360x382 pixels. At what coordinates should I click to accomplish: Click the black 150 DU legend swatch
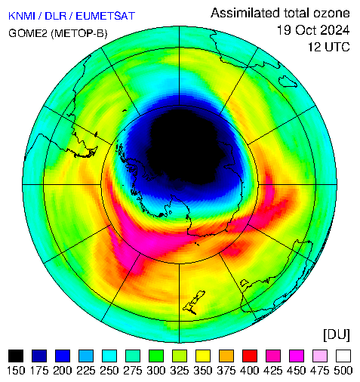click(x=16, y=356)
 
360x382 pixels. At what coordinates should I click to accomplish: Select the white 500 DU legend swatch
click(x=343, y=356)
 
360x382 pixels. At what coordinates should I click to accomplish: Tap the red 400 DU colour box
click(x=250, y=356)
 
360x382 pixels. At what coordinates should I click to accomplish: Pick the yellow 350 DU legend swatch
click(x=203, y=356)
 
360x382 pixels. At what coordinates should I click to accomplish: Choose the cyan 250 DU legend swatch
click(x=109, y=356)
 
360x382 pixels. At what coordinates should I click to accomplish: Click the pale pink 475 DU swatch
click(x=320, y=356)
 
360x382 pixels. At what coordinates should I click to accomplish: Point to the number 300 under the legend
click(x=156, y=371)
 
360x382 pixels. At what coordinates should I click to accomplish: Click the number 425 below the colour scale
click(x=273, y=371)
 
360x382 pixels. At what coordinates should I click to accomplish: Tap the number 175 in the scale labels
click(x=39, y=371)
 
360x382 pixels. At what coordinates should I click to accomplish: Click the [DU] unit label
click(x=337, y=335)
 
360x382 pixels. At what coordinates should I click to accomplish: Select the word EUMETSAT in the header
click(x=105, y=16)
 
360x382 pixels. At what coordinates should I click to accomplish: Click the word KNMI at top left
click(x=22, y=16)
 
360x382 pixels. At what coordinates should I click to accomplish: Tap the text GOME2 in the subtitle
click(x=28, y=33)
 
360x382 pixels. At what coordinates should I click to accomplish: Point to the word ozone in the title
click(x=331, y=13)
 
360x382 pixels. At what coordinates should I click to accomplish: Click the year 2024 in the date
click(x=335, y=30)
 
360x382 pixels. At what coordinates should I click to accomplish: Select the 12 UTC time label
click(x=329, y=47)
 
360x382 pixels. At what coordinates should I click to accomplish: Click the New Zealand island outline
click(x=194, y=302)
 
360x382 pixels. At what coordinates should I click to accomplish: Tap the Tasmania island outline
click(x=245, y=282)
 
